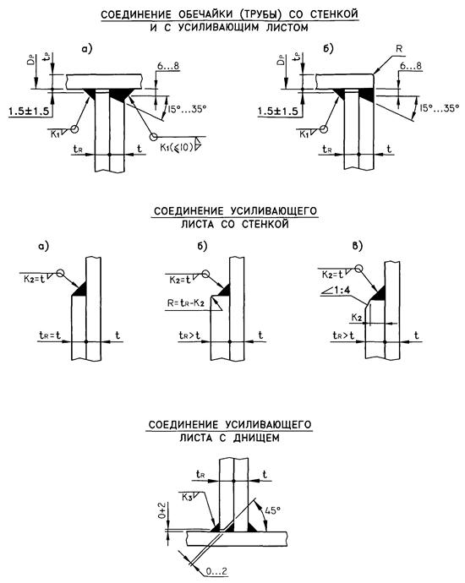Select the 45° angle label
pyautogui.click(x=272, y=510)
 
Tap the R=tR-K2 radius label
pyautogui.click(x=186, y=302)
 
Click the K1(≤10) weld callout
pyautogui.click(x=177, y=147)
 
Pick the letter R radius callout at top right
pyautogui.click(x=399, y=49)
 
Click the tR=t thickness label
pyautogui.click(x=50, y=335)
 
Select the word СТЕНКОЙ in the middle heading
pyautogui.click(x=265, y=225)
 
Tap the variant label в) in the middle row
pyautogui.click(x=358, y=246)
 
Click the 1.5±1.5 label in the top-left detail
pyautogui.click(x=28, y=112)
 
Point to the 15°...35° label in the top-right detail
pyautogui.click(x=439, y=108)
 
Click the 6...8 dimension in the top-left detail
pyautogui.click(x=167, y=66)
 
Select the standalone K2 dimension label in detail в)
pyautogui.click(x=357, y=318)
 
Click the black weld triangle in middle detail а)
pyautogui.click(x=80, y=288)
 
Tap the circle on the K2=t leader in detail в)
pyautogui.click(x=358, y=269)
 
